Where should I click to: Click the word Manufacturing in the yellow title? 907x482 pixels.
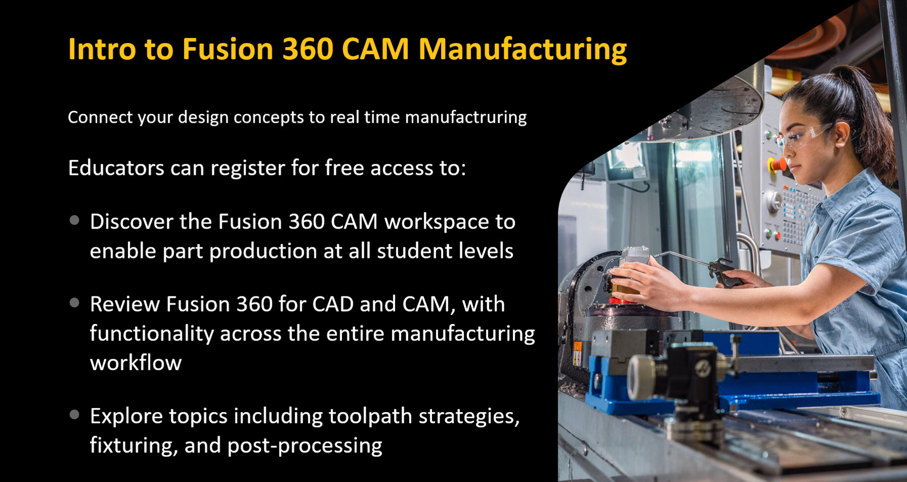coord(522,50)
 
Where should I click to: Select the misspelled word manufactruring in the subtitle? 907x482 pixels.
coord(466,117)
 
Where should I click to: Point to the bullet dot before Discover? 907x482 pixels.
coord(75,221)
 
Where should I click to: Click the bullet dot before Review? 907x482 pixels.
coord(75,303)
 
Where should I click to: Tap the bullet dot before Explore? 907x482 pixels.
coord(75,415)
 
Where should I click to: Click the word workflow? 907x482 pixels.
coord(136,363)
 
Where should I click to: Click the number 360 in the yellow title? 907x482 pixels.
coord(308,50)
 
